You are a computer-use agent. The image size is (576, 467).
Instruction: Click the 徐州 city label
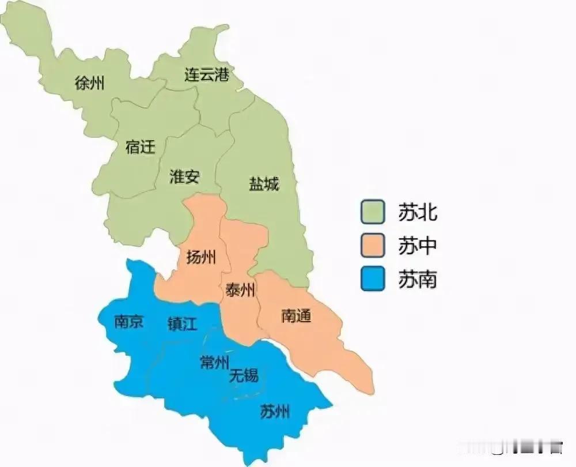pos(89,84)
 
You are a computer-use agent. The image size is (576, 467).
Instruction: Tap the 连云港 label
pos(207,75)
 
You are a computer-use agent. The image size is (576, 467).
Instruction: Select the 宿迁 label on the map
pos(140,147)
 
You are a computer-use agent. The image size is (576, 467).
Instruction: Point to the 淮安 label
pos(184,176)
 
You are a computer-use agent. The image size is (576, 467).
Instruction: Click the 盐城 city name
pos(264,184)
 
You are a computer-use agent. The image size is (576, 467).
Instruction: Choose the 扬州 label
pos(201,257)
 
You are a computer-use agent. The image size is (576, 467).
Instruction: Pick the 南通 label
pos(296,315)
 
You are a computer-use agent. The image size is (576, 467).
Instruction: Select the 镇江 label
pos(182,324)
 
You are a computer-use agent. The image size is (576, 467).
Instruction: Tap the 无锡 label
pos(244,376)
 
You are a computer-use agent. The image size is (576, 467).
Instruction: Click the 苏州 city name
pos(275,412)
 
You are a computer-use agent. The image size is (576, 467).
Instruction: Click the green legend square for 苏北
pos(373,212)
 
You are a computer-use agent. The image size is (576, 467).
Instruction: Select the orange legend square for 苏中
pos(373,246)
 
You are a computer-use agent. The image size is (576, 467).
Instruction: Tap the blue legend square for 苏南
pos(373,280)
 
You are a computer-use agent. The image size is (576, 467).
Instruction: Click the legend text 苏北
pos(417,212)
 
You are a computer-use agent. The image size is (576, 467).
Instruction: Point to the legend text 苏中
pos(417,246)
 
